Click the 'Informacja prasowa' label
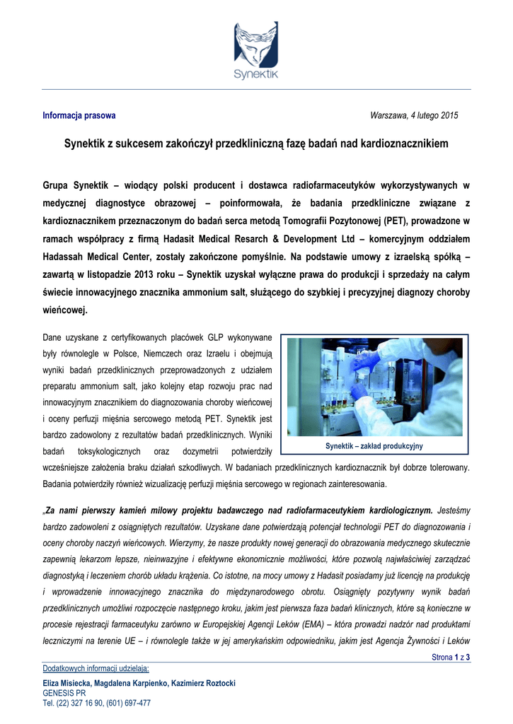79,115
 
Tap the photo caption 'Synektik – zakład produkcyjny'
374,446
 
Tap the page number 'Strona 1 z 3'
451,658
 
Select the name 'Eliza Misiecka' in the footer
70,683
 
